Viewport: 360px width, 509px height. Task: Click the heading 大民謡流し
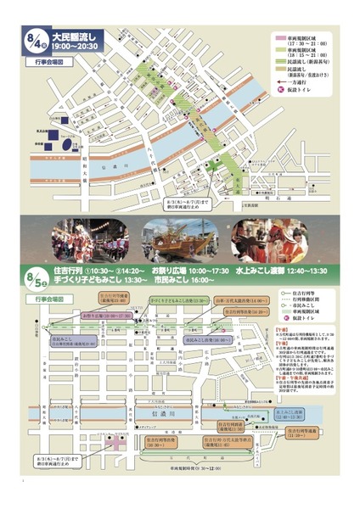(77, 36)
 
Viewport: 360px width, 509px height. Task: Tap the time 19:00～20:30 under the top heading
(77, 48)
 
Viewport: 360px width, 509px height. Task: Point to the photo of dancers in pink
(86, 241)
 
